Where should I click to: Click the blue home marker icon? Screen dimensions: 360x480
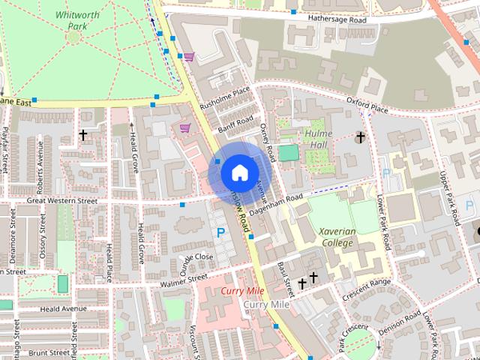pyautogui.click(x=238, y=173)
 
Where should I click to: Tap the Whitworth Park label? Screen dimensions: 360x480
pyautogui.click(x=72, y=20)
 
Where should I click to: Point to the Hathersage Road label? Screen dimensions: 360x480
pyautogui.click(x=337, y=20)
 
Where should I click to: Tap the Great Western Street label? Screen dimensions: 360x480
pyautogui.click(x=62, y=201)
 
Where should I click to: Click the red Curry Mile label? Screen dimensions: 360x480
pyautogui.click(x=240, y=290)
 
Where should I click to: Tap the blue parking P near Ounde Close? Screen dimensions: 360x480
pyautogui.click(x=220, y=233)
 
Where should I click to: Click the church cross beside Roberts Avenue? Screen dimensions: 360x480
pyautogui.click(x=83, y=135)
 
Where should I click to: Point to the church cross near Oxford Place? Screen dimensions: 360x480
pyautogui.click(x=360, y=137)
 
